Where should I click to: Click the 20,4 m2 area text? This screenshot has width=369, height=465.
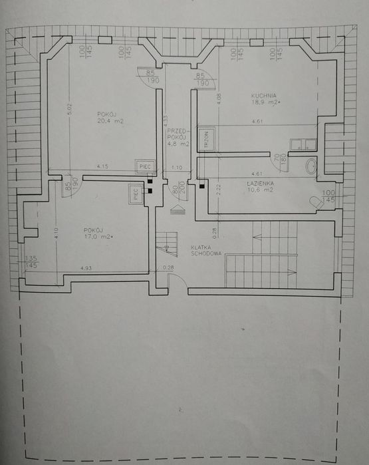[110, 122]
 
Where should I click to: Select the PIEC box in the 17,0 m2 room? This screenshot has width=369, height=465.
[136, 194]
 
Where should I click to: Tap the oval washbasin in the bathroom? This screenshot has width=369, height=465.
[311, 166]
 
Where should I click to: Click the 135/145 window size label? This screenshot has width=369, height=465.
[30, 263]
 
